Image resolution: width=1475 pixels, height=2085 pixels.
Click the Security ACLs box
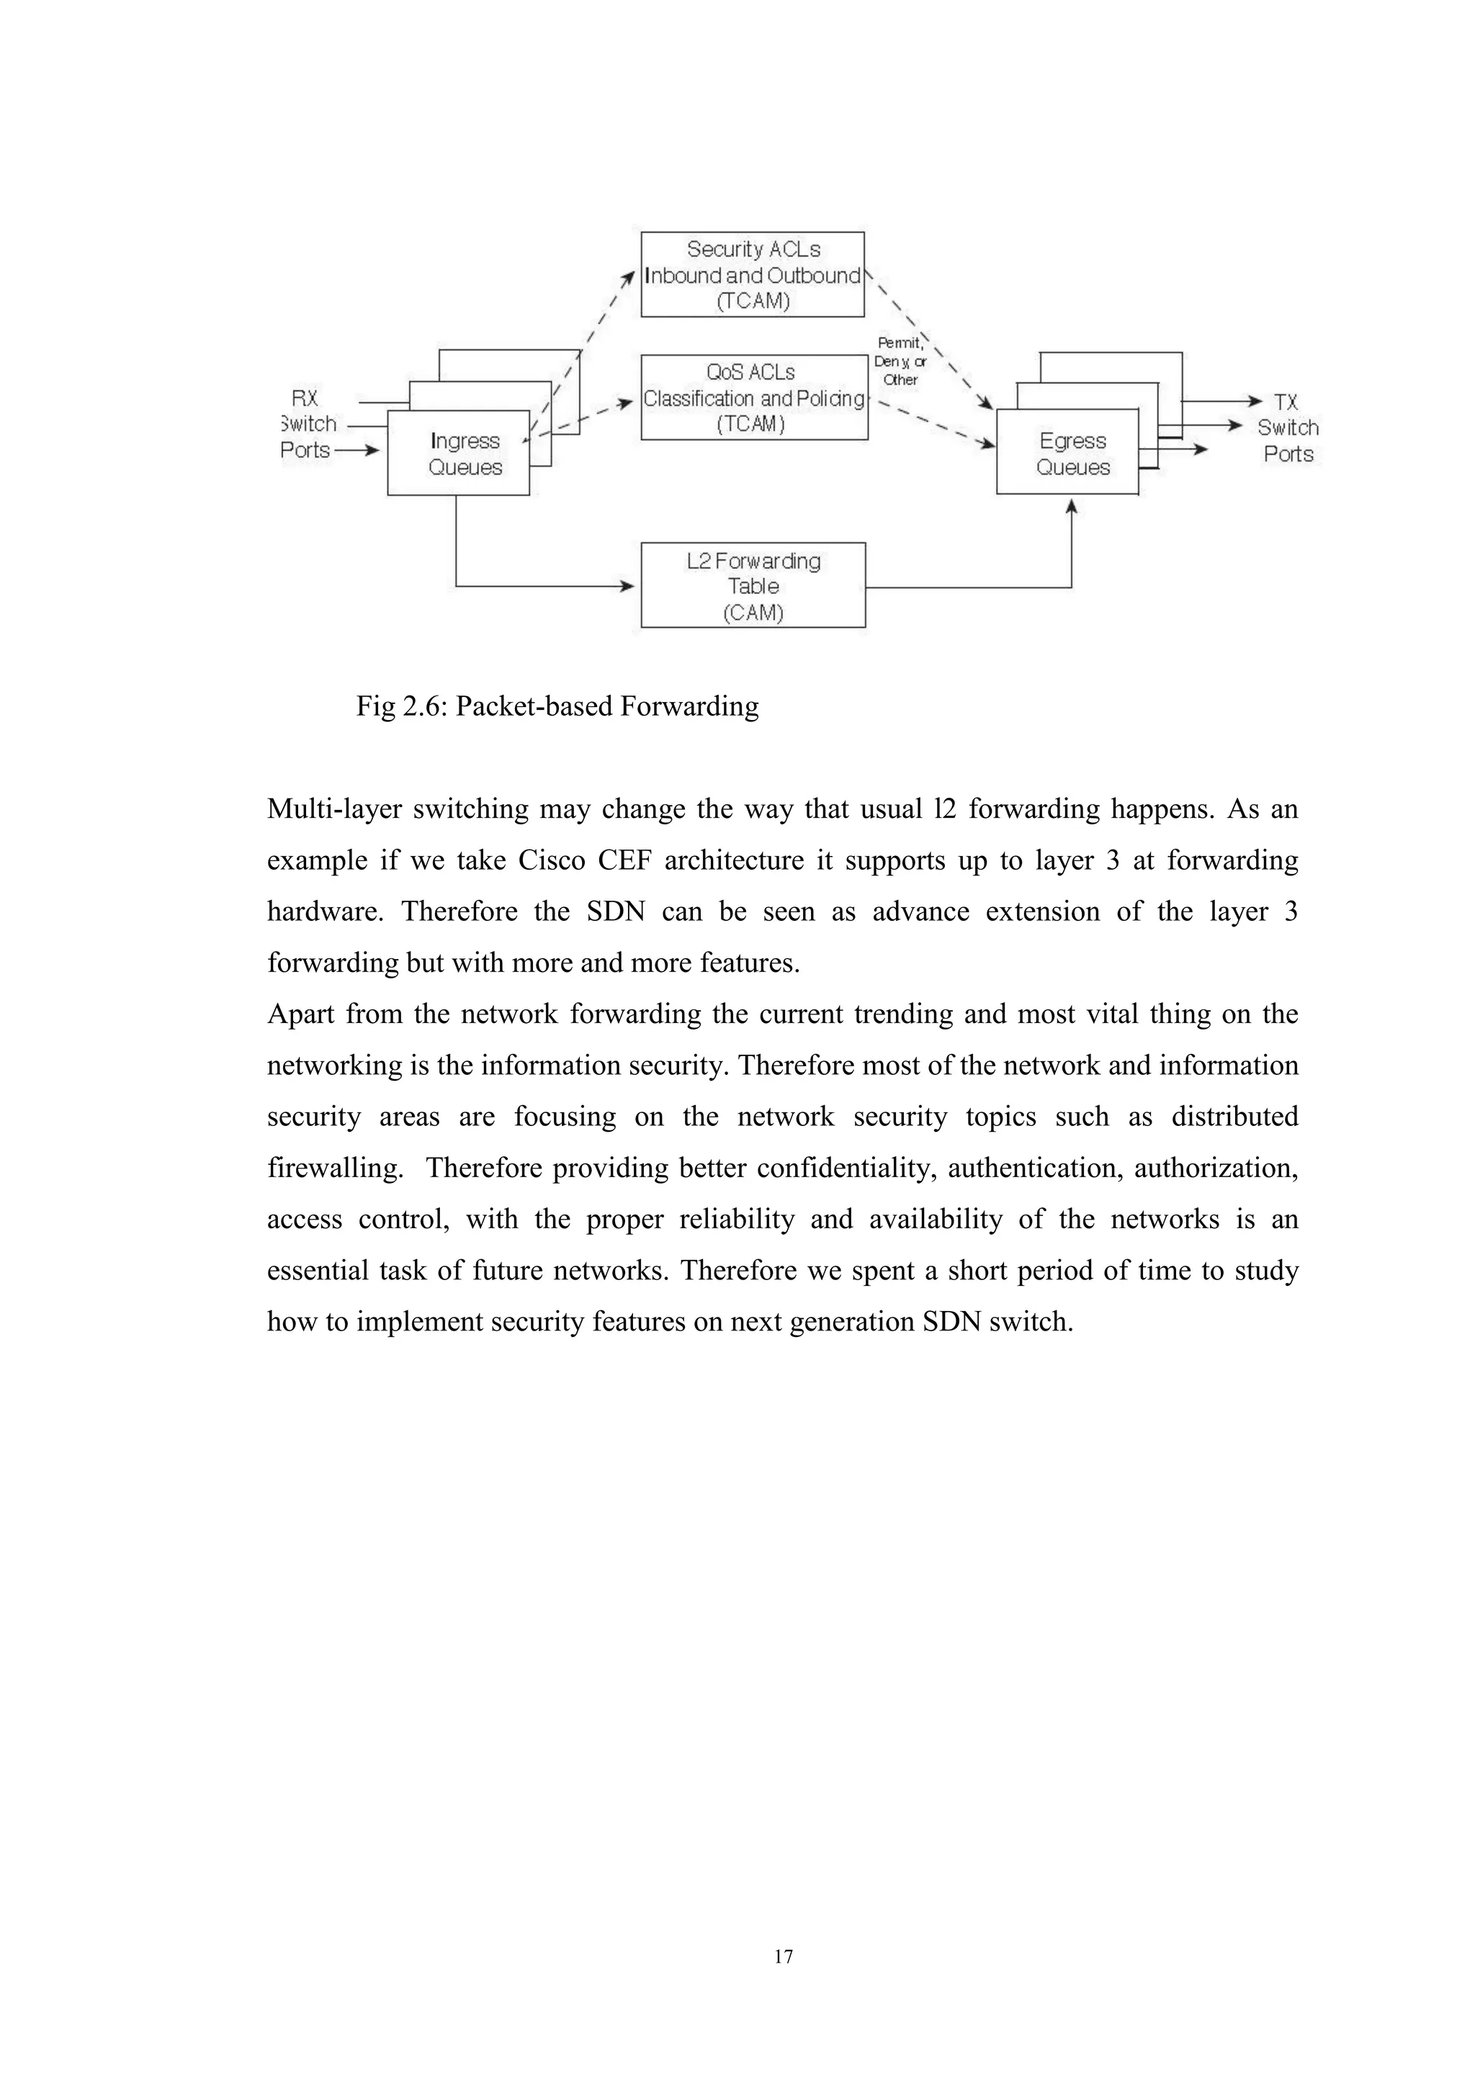(x=752, y=274)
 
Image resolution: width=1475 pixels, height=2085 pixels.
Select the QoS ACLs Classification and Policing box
(x=754, y=397)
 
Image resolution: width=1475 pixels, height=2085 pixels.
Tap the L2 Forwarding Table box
(x=753, y=586)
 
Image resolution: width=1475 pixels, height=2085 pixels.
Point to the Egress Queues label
(x=1072, y=454)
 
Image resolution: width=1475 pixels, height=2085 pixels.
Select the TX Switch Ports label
(x=1287, y=428)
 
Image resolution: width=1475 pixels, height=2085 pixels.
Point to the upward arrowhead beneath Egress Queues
(x=1072, y=507)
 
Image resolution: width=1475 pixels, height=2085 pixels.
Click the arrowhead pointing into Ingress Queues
(x=372, y=449)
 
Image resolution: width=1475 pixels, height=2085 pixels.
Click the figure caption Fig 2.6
(x=557, y=706)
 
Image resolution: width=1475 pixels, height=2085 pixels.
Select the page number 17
(x=783, y=1981)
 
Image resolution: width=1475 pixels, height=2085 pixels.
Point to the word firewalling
(x=334, y=1168)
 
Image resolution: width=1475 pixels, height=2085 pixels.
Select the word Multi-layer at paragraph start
(x=333, y=809)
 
